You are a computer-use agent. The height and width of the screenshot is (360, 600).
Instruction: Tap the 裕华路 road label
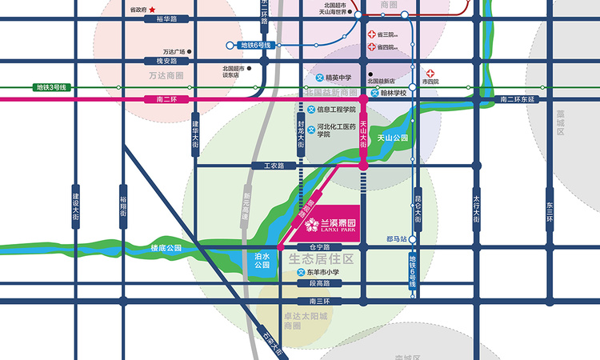pos(155,19)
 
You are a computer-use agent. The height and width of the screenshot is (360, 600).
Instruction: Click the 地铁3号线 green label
pos(54,87)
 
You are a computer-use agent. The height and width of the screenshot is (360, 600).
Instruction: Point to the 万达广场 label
pos(174,52)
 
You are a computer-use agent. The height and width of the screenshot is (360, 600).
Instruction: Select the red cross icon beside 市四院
pos(430,73)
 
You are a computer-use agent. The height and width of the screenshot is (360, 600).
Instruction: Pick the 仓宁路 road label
pos(308,247)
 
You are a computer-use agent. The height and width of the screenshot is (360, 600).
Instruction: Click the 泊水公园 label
pos(262,260)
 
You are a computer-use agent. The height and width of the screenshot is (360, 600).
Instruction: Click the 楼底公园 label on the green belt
pos(166,249)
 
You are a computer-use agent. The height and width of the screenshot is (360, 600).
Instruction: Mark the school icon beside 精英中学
pos(318,78)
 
